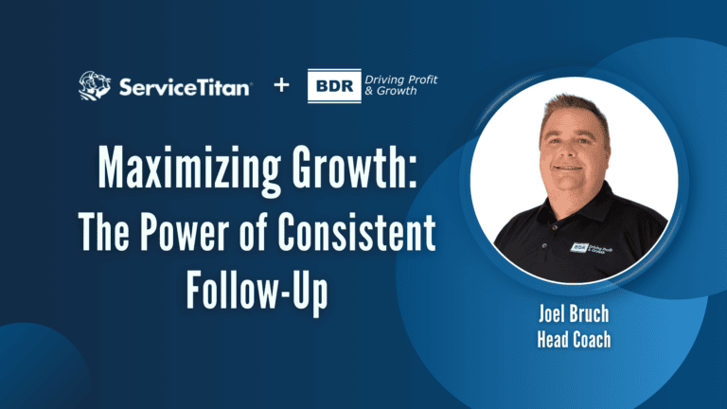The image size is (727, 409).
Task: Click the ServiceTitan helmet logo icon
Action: click(x=96, y=86)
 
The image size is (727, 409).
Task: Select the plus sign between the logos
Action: click(x=280, y=86)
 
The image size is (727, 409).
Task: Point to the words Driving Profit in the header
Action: click(x=408, y=78)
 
